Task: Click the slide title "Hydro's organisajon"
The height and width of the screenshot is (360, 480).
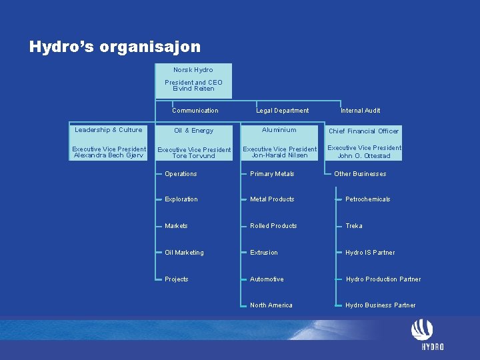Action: tap(115, 47)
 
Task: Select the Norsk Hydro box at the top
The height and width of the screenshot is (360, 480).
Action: tap(193, 70)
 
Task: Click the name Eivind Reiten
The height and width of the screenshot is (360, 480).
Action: tap(193, 88)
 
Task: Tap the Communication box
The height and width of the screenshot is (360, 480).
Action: tap(195, 111)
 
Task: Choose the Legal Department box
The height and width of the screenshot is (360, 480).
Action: tap(283, 111)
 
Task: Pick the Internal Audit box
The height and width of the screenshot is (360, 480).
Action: tap(360, 111)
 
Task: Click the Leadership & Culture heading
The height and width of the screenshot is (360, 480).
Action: tap(109, 130)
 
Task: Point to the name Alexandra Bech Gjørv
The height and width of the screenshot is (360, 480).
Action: tap(109, 155)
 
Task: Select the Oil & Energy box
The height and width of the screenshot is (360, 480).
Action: tap(193, 131)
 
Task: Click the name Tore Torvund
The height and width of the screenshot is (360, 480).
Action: tap(193, 156)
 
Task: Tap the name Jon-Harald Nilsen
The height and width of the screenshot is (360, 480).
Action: tap(280, 155)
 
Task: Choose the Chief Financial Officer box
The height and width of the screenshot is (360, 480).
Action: tap(364, 131)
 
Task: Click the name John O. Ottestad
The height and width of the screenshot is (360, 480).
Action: tap(364, 156)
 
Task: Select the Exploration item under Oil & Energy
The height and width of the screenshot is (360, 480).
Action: tap(181, 199)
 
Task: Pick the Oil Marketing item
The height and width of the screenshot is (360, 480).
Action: tap(184, 253)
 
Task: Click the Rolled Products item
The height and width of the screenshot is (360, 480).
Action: tap(273, 226)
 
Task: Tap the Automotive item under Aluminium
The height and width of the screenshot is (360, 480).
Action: tap(267, 279)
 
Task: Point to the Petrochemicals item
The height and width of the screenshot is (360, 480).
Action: tap(367, 199)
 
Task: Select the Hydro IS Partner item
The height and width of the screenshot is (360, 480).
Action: tap(369, 253)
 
